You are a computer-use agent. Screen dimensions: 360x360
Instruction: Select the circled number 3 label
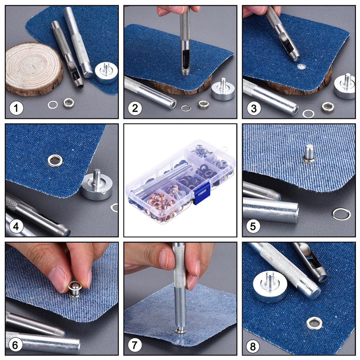click(x=254, y=108)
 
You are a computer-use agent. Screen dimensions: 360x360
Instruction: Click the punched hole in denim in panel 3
click(x=301, y=67)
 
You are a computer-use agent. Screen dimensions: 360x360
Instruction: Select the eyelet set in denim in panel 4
click(x=55, y=160)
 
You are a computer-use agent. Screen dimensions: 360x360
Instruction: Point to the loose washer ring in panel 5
click(x=341, y=214)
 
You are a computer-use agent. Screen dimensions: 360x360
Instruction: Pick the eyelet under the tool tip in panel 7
click(x=180, y=331)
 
